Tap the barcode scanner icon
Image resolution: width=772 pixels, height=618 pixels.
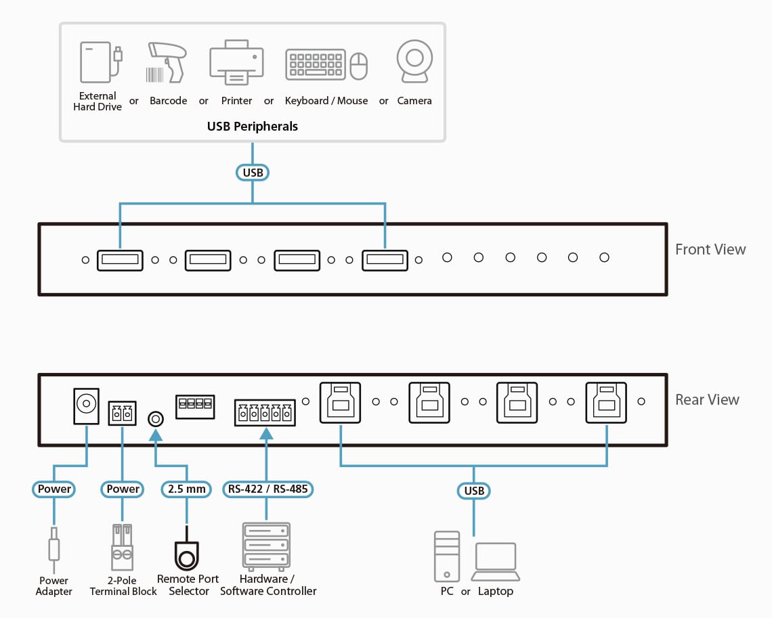pos(167,62)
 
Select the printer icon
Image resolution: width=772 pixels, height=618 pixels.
pos(236,63)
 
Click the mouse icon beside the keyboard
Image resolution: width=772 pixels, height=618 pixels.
pos(358,66)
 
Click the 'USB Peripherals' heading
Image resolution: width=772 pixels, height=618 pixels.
pos(253,127)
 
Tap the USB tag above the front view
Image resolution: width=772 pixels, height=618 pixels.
pos(253,173)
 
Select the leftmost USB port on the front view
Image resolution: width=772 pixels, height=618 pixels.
pos(120,259)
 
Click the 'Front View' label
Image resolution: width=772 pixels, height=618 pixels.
pos(710,250)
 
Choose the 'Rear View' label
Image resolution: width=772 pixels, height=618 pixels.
pos(707,399)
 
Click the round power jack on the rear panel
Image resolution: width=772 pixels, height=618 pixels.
pos(86,405)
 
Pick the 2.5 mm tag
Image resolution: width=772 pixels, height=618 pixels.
pos(186,489)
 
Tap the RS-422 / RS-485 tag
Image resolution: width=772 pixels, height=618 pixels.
pos(268,489)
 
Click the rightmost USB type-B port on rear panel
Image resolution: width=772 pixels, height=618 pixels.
pos(607,403)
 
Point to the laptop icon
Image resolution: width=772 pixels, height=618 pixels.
pos(496,562)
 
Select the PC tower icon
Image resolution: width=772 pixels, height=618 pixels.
pos(446,556)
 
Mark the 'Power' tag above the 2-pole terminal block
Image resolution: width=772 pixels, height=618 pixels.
pos(123,489)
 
